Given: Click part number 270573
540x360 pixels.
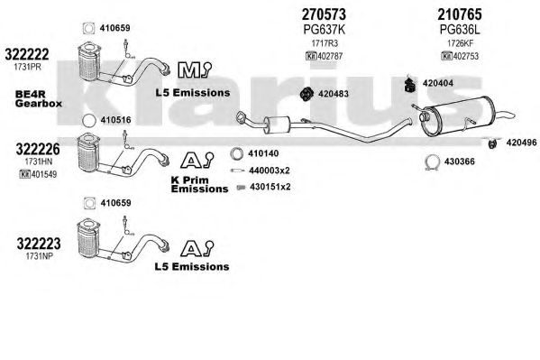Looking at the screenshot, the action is click(x=324, y=14).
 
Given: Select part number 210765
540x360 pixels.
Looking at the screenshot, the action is click(x=460, y=14).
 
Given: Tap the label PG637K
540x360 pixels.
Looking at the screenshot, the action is click(x=324, y=30).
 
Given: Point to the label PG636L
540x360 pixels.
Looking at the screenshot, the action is click(x=460, y=30).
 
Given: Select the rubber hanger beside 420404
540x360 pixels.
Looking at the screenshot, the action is click(x=410, y=84).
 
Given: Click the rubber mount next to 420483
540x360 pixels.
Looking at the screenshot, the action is click(x=306, y=94).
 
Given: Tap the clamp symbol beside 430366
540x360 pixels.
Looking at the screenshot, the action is click(x=432, y=162).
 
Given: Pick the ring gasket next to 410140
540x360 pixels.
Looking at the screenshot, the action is click(x=236, y=153).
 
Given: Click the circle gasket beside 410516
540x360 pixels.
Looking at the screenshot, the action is click(x=89, y=120).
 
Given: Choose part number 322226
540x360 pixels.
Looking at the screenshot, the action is click(x=38, y=149).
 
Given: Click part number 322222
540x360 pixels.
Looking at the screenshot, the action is click(x=27, y=54).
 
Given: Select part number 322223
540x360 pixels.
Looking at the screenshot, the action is click(x=39, y=244).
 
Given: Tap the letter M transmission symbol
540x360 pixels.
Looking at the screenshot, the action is click(x=188, y=70).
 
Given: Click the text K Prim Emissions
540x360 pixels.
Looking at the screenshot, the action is click(x=199, y=184).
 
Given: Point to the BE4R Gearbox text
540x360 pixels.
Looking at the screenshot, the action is click(x=39, y=99).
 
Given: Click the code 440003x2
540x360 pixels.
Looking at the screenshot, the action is click(x=270, y=171).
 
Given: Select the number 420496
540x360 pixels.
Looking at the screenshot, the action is click(x=521, y=142).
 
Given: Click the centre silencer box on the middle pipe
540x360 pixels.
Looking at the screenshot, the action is click(x=278, y=125).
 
